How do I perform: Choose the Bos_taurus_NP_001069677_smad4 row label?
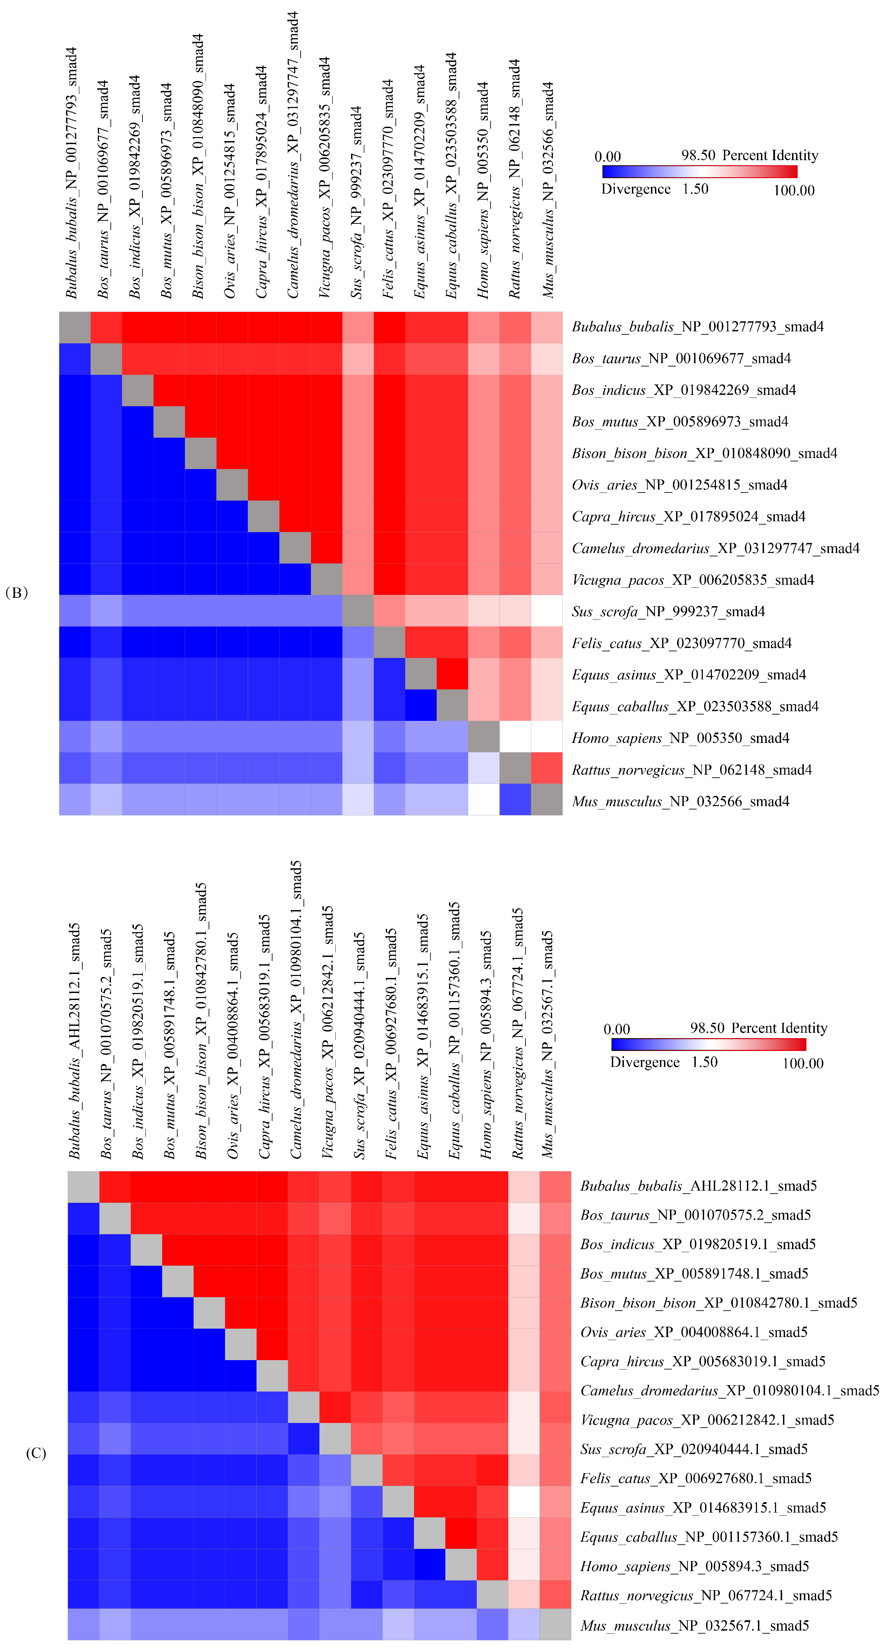pyautogui.click(x=681, y=358)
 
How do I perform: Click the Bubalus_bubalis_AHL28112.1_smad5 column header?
pyautogui.click(x=75, y=1041)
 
